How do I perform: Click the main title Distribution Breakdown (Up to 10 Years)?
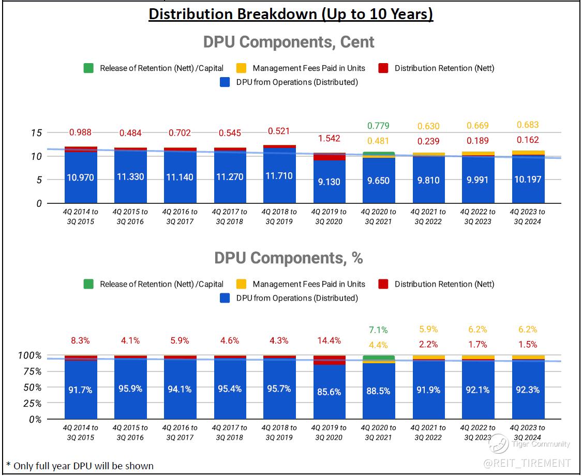point(291,14)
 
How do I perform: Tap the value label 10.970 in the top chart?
point(81,177)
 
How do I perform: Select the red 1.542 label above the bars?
point(329,138)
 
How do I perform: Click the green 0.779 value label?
point(378,126)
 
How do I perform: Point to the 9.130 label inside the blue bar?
point(329,181)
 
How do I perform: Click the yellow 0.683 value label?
point(528,125)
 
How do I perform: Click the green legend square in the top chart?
point(88,68)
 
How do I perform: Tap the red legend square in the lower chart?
point(383,284)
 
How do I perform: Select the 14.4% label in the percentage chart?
point(329,340)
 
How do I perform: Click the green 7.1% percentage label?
point(378,330)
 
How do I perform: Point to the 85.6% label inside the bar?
point(329,392)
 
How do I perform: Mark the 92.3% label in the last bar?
point(528,390)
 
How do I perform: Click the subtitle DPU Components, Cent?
point(289,42)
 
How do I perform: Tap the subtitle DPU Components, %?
point(289,258)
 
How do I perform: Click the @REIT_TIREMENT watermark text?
point(527,463)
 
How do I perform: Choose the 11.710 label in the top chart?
point(279,176)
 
